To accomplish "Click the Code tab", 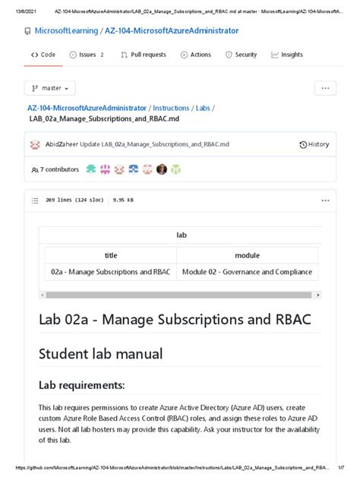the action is point(43,55).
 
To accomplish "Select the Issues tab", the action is point(87,55).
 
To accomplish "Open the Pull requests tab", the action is point(143,55).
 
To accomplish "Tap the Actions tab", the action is point(196,55).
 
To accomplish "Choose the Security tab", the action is point(241,55).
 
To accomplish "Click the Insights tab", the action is point(286,55).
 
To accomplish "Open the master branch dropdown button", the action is point(50,88).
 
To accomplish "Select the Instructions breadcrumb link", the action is point(171,108).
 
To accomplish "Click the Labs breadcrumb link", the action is point(203,108).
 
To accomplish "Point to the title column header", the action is point(111,255).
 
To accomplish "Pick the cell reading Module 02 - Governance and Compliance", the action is point(247,272).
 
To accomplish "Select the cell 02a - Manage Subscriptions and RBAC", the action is point(111,272).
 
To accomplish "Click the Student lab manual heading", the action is point(100,353).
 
